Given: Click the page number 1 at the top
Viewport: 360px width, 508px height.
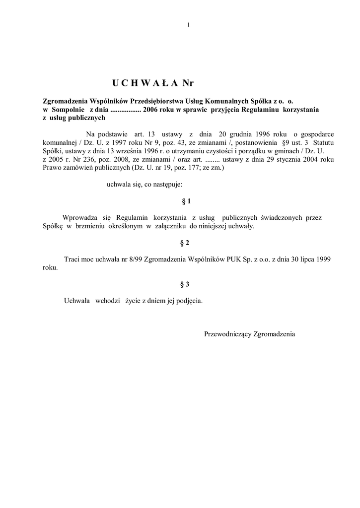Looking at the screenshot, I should (189, 25).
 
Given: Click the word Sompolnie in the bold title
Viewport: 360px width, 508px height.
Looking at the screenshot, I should (68, 108).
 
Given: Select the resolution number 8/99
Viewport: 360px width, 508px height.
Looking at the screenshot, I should (132, 259).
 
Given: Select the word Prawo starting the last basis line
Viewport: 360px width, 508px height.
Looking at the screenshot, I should (52, 168).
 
